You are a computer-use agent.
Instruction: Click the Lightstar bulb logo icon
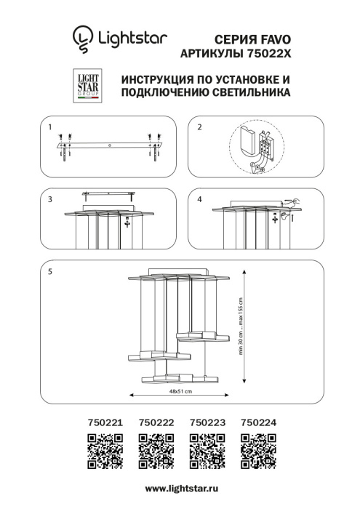tap(83, 38)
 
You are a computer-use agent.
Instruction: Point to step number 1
tap(50, 127)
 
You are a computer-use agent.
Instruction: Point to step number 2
tap(199, 127)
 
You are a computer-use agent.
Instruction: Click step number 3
tap(50, 199)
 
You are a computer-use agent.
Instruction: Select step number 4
tap(199, 199)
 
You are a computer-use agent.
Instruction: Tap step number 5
tap(50, 271)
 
